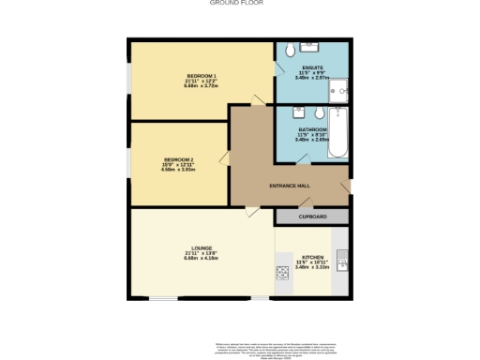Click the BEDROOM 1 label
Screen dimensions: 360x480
tap(202, 75)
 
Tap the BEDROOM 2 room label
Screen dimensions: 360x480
tap(178, 158)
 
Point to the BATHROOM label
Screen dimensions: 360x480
tap(312, 128)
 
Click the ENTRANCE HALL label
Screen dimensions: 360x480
tap(290, 186)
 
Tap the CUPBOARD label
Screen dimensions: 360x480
tap(313, 217)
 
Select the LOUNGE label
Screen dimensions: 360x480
tap(202, 248)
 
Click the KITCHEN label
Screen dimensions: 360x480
tap(312, 256)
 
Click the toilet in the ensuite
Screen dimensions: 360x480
tap(292, 50)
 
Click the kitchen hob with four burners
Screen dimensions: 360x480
tap(282, 274)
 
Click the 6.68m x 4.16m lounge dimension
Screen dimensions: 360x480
tap(202, 260)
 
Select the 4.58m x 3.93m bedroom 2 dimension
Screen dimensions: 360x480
tap(178, 170)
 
